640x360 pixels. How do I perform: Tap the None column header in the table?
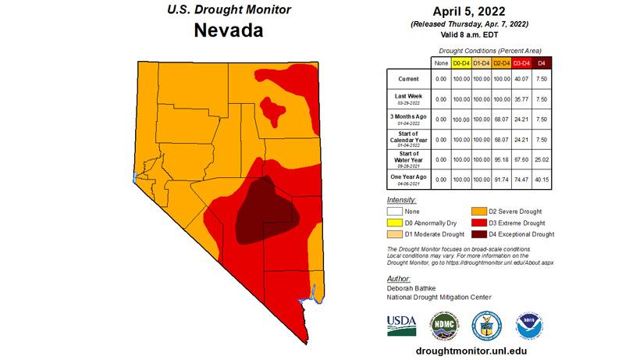tap(440, 62)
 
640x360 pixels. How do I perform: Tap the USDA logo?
tap(402, 324)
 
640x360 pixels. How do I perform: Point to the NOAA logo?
tap(528, 324)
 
